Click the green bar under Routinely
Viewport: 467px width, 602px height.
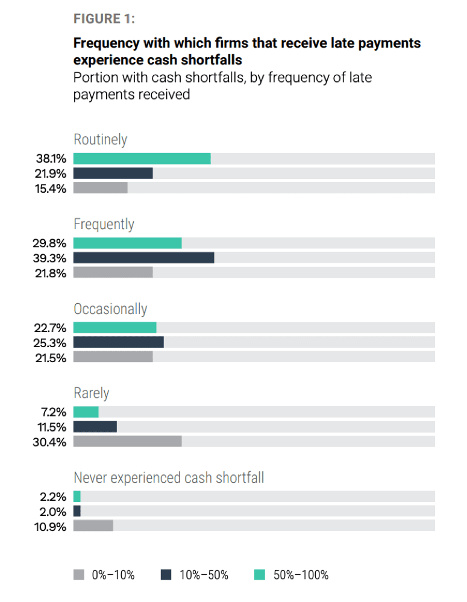point(142,158)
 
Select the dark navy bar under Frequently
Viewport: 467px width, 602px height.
point(143,257)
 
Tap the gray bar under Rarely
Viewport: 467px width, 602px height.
point(127,441)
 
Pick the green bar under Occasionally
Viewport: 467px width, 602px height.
point(114,327)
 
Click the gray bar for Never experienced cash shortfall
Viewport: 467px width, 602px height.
point(93,525)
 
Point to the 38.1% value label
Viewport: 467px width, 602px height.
point(51,158)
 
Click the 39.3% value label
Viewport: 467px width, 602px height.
point(51,257)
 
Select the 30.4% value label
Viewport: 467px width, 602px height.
point(51,441)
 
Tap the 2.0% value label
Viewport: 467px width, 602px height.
point(53,511)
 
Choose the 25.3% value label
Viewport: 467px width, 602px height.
point(51,342)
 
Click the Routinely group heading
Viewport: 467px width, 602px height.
point(101,140)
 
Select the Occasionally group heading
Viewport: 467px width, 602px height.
point(110,309)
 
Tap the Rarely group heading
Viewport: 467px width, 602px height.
point(91,393)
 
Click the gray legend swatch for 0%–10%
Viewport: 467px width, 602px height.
point(79,575)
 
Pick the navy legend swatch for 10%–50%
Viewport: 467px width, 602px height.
point(166,575)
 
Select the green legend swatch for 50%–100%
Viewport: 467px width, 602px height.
point(260,575)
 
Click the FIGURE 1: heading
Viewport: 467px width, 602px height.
point(104,19)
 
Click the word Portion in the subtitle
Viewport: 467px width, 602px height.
point(93,78)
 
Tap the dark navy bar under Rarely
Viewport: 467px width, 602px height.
point(95,427)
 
